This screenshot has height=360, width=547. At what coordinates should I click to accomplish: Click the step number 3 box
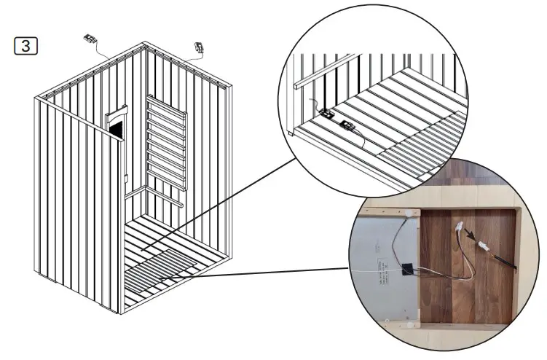click(x=27, y=46)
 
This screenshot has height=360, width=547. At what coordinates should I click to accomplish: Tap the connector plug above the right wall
click(x=199, y=48)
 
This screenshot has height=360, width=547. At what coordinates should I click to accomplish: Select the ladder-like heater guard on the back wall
click(x=167, y=146)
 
